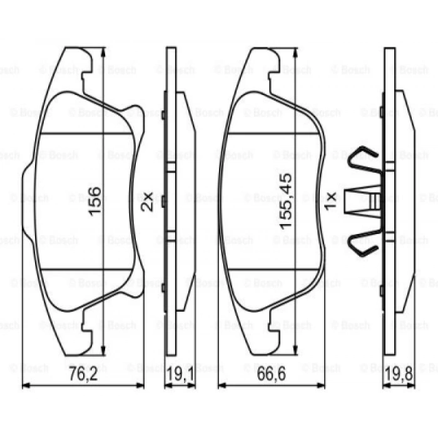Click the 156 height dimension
click(x=94, y=201)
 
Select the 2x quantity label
click(x=146, y=201)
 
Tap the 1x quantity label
click(x=332, y=201)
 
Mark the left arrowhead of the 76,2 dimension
click(x=25, y=385)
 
